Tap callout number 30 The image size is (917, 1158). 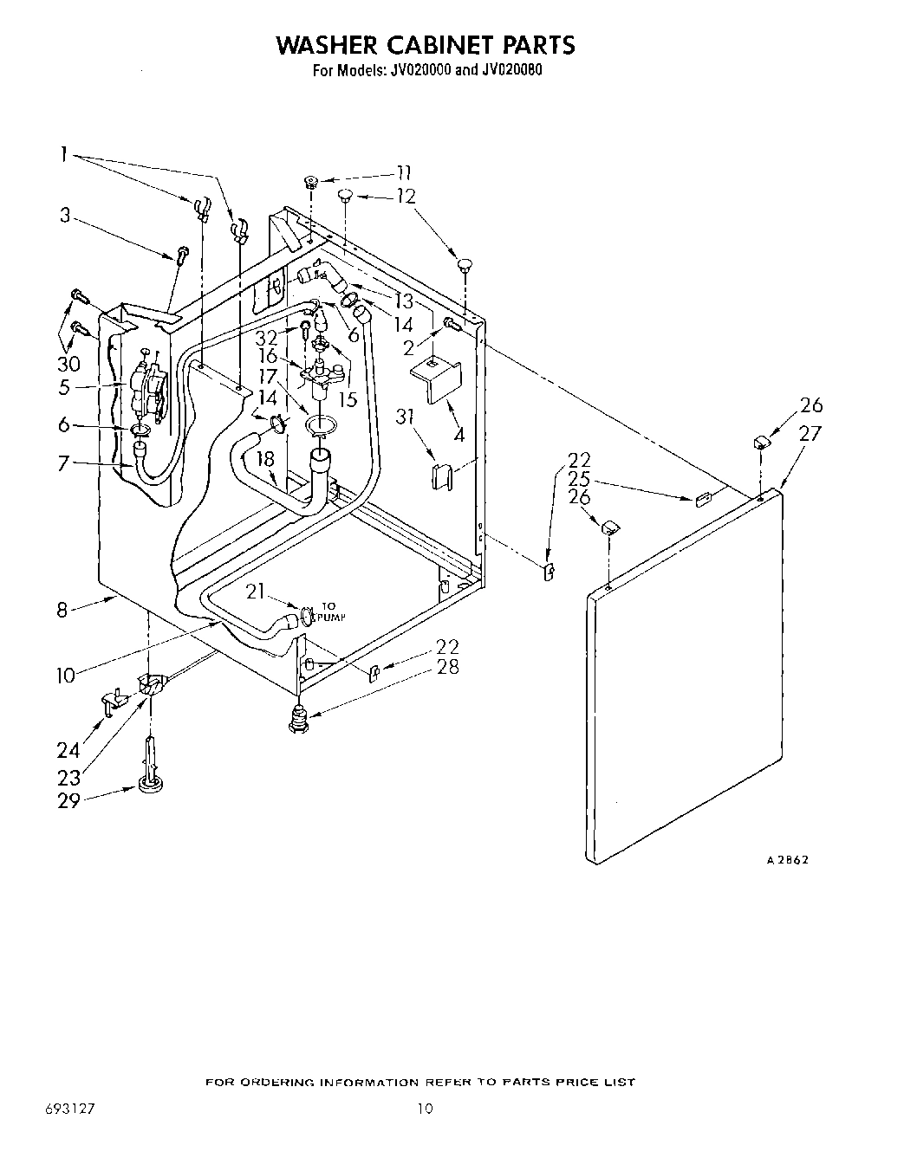pyautogui.click(x=68, y=364)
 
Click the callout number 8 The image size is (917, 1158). pyautogui.click(x=62, y=611)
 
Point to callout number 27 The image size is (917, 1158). pyautogui.click(x=809, y=434)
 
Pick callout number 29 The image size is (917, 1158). pyautogui.click(x=68, y=800)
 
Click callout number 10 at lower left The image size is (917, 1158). pyautogui.click(x=66, y=675)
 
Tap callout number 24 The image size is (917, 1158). pyautogui.click(x=68, y=750)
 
